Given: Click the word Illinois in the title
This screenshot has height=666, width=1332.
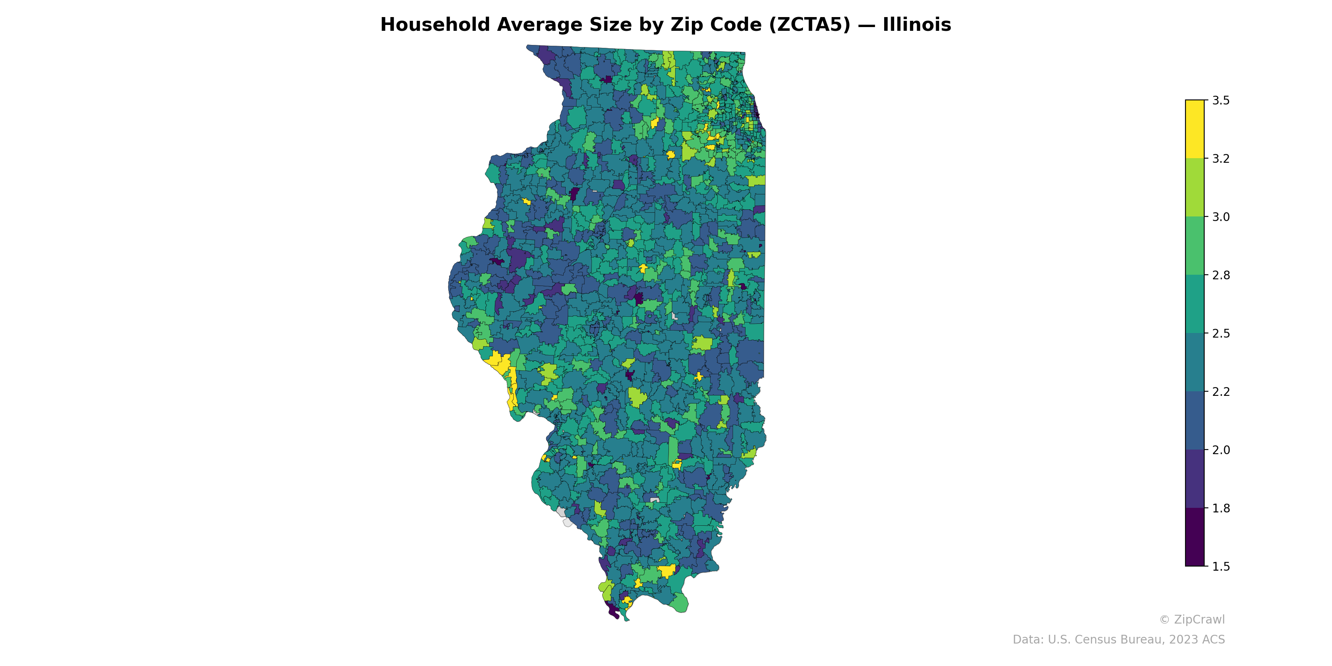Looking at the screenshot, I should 916,25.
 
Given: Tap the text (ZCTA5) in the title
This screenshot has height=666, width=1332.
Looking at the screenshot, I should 809,25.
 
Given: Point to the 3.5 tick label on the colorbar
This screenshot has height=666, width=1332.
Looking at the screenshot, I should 1221,100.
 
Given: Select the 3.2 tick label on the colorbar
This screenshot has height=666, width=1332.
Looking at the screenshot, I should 1221,159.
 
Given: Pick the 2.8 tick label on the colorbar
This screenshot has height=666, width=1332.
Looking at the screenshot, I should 1221,275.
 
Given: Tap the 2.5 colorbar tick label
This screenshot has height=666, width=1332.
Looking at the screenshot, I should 1221,333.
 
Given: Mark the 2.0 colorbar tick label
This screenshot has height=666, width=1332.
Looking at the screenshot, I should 1221,450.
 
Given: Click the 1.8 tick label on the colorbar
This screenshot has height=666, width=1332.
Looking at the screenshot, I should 1221,508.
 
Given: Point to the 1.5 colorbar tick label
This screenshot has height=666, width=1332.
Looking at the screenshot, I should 1221,567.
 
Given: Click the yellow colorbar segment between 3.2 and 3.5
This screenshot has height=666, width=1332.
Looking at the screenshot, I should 1195,129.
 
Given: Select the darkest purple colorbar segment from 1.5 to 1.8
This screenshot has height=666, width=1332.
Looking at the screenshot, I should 1195,537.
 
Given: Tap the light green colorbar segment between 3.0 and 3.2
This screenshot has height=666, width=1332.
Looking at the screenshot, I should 1195,188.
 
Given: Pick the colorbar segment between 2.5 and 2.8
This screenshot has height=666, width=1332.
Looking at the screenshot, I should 1195,304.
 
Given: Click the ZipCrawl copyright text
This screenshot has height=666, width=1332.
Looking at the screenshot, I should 1192,619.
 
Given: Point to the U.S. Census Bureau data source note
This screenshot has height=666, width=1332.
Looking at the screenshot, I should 1118,640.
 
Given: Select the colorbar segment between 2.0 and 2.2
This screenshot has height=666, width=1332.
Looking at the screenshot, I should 1195,421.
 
